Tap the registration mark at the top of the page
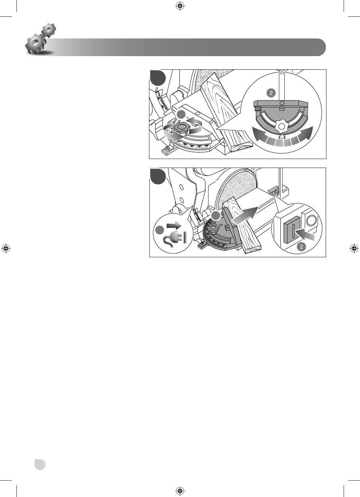tap(180, 5)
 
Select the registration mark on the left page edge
tap(5, 248)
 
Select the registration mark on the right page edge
tap(354, 248)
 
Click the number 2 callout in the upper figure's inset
tap(271, 93)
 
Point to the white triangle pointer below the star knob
tap(281, 137)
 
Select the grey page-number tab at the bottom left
tap(39, 464)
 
